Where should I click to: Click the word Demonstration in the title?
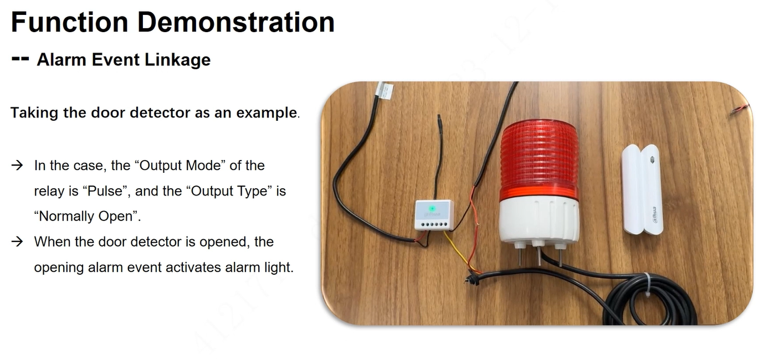click(236, 22)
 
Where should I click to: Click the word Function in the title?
click(69, 22)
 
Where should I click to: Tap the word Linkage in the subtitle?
click(178, 60)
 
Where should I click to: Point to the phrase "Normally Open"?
click(86, 216)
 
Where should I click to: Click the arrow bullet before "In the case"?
click(17, 166)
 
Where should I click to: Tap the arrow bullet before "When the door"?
click(17, 241)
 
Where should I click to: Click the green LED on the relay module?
click(432, 209)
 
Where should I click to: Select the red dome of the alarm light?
click(539, 160)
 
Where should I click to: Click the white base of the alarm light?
click(539, 221)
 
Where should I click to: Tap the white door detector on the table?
click(642, 189)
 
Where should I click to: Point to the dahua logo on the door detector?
click(654, 215)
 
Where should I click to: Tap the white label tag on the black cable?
click(385, 90)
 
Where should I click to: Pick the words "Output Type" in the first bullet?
click(229, 191)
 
